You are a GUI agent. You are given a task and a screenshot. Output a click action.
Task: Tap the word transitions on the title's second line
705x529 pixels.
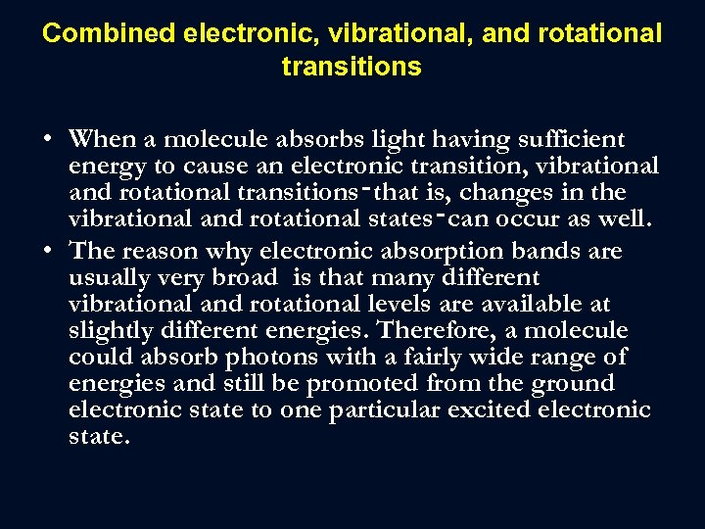point(352,67)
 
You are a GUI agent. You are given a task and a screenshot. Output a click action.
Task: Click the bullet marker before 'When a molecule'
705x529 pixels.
point(48,139)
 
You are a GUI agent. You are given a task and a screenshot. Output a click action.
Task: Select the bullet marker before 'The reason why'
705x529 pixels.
point(48,250)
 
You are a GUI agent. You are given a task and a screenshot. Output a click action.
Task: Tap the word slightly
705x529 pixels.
point(106,331)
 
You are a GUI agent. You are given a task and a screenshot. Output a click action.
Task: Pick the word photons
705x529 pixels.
point(236,358)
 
